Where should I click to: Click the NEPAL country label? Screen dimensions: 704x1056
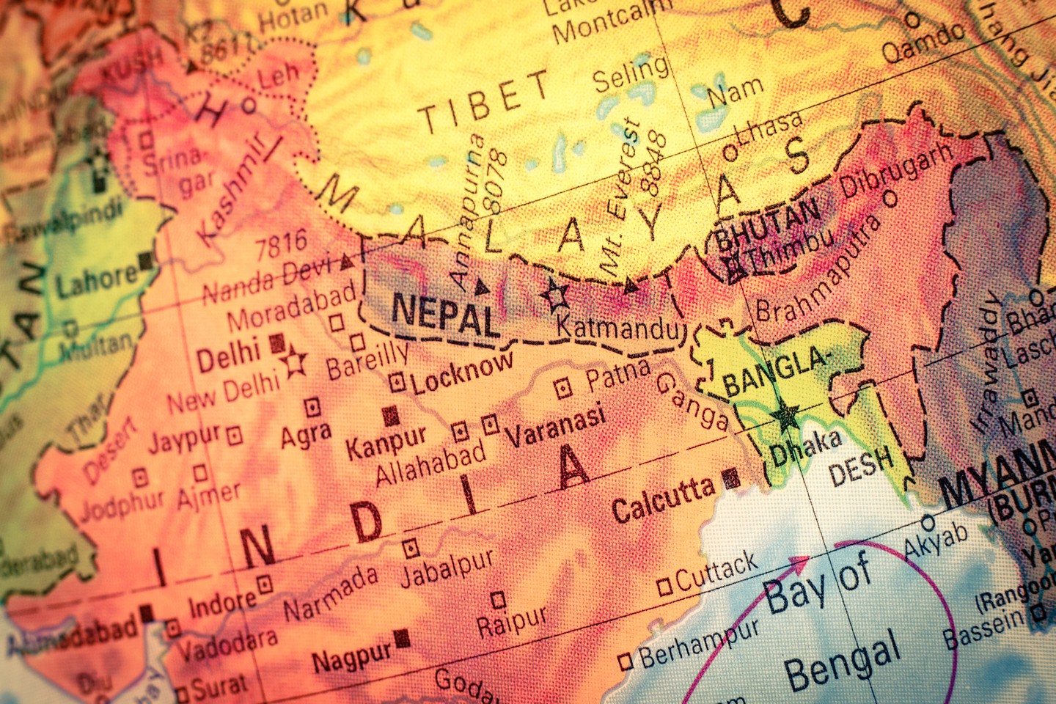(445, 315)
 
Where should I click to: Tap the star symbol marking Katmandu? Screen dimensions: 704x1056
(556, 296)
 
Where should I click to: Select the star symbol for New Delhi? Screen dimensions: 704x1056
(296, 362)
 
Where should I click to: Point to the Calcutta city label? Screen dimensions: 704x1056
(664, 499)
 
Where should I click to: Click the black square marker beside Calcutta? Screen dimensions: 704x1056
(730, 479)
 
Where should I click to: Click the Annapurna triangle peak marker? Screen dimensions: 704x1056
(481, 286)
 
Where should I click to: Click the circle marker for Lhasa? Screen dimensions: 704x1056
(730, 153)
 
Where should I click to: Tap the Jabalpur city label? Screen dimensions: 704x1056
(448, 567)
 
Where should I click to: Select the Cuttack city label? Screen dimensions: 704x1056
(716, 571)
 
